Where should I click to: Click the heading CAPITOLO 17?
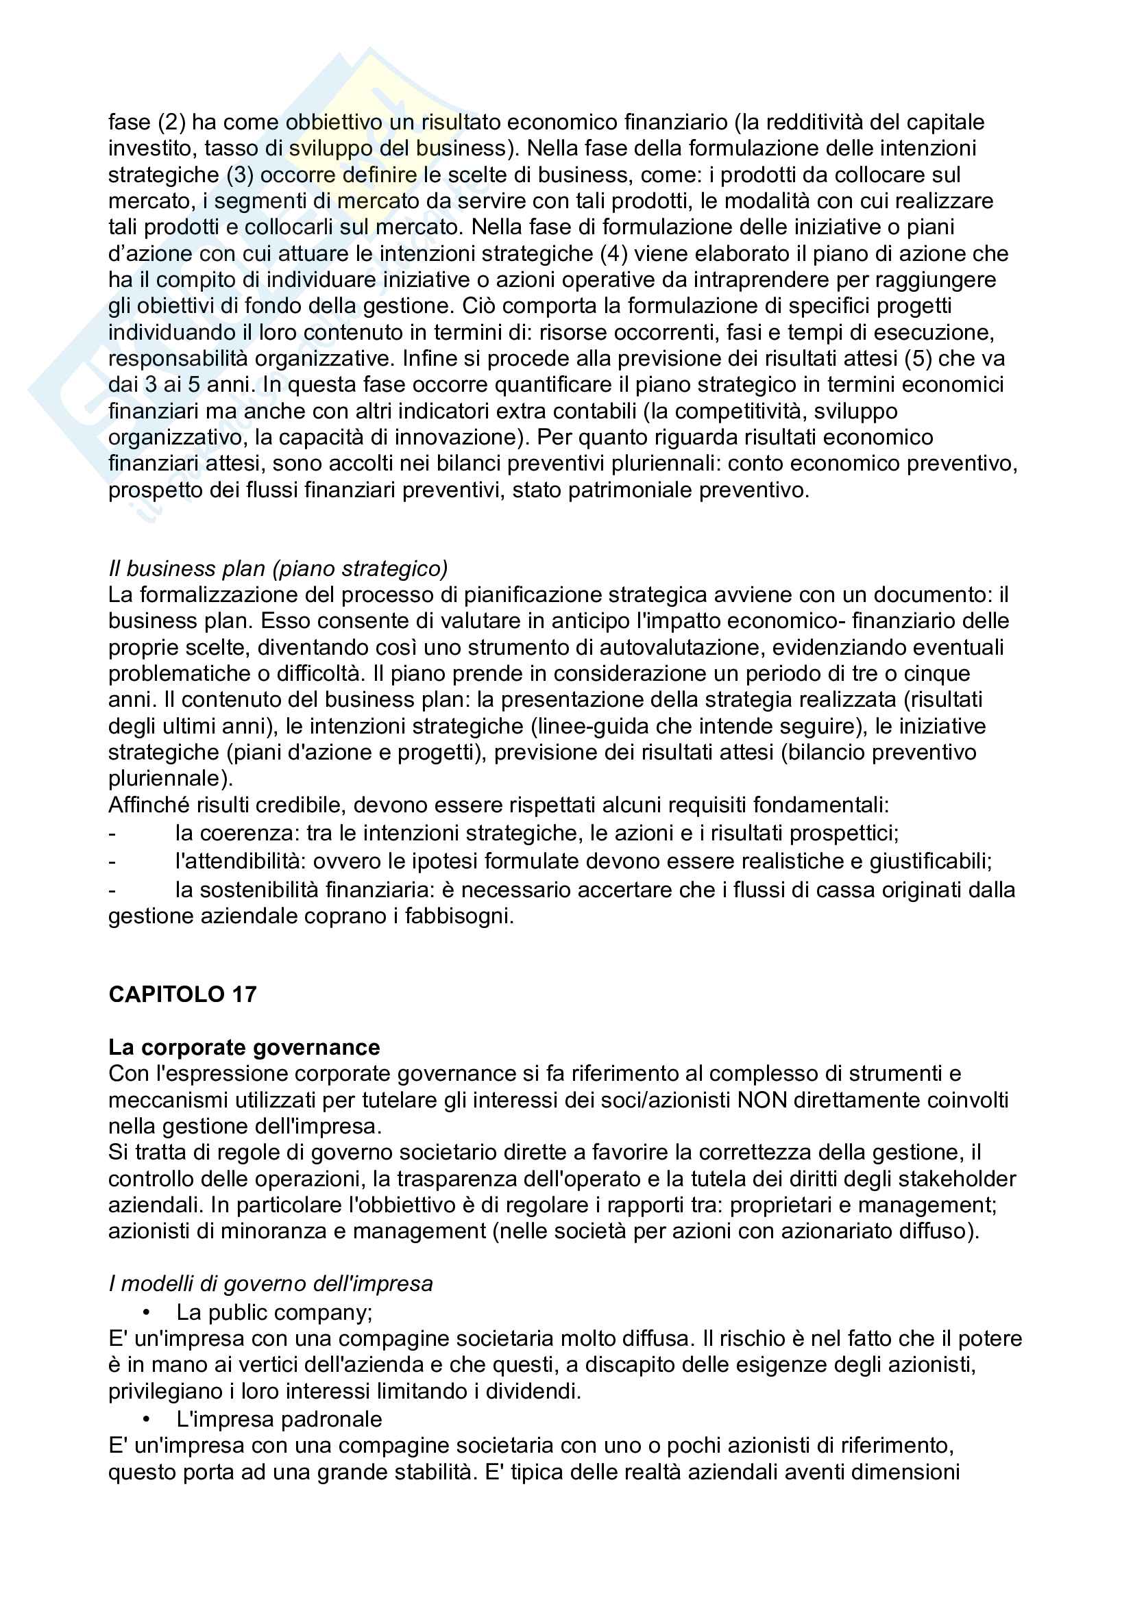tap(182, 994)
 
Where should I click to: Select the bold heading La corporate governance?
tap(243, 1047)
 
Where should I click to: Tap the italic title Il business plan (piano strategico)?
tap(278, 568)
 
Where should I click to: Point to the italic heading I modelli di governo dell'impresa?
tap(270, 1284)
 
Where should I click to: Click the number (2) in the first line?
tap(171, 122)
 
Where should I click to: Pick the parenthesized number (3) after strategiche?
tap(239, 175)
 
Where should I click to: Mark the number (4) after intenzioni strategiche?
tap(613, 253)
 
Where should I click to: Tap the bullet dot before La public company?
tap(146, 1312)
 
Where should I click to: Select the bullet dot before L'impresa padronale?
tap(146, 1419)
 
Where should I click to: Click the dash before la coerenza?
tap(112, 833)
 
